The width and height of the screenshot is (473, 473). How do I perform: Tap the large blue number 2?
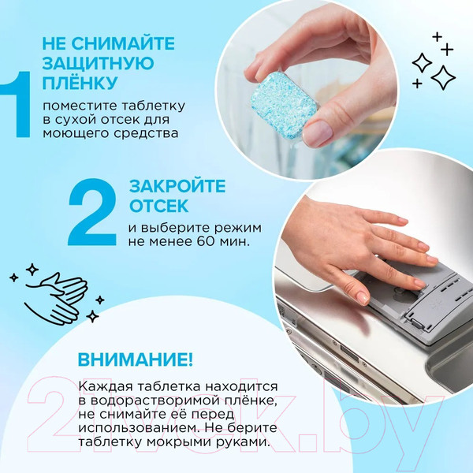click(96, 213)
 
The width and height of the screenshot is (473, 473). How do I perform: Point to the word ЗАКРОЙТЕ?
click(177, 187)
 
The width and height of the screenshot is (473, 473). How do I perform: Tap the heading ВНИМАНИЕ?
click(135, 360)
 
